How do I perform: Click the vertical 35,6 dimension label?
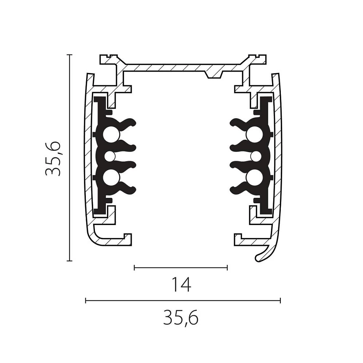coord(53,159)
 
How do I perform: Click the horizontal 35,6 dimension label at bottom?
coord(181,318)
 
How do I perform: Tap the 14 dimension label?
coord(181,285)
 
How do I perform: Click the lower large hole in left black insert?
coord(111,178)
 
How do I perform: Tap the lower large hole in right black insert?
coord(255,178)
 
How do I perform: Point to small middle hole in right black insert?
coord(256,157)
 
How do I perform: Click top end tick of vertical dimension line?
coord(69,55)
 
